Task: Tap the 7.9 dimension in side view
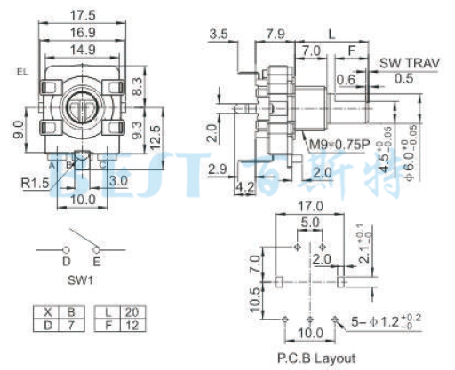(275, 34)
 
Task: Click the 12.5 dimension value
(156, 138)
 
